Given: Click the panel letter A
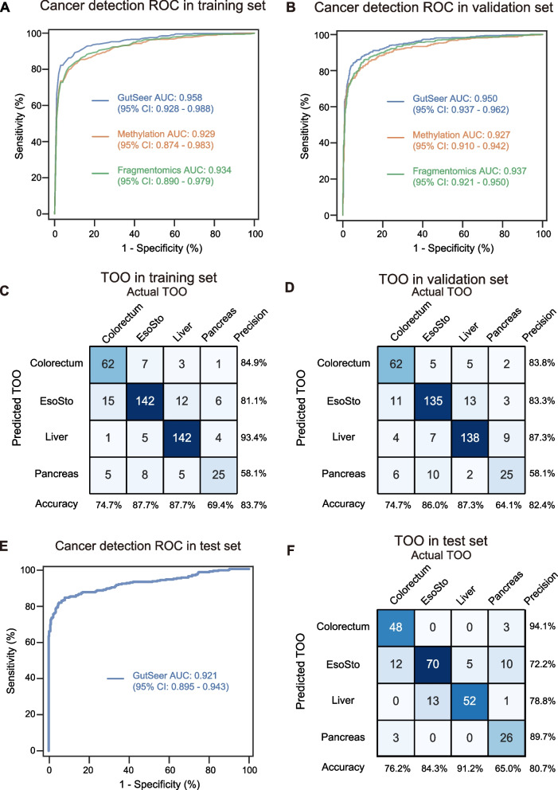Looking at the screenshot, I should [x=6, y=9].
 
